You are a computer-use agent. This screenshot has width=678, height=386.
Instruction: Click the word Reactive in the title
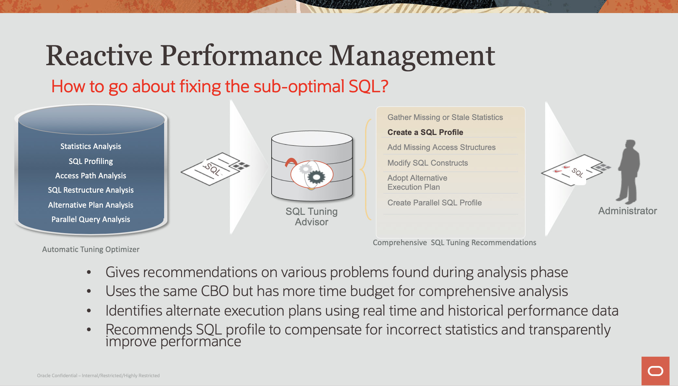point(99,56)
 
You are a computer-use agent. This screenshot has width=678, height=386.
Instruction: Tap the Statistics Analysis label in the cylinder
point(91,146)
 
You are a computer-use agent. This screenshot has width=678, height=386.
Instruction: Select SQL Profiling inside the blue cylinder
point(91,161)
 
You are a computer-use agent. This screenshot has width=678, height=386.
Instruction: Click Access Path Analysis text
point(91,176)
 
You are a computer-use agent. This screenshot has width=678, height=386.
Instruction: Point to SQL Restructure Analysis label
point(91,190)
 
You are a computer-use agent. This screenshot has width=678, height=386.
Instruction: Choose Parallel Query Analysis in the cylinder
point(91,219)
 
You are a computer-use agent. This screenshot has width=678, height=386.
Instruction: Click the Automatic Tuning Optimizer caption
point(91,249)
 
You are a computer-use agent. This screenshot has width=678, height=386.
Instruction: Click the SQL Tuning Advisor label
point(312,216)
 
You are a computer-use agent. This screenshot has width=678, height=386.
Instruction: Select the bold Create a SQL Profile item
point(425,132)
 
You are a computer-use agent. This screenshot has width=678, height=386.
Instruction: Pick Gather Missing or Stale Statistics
point(445,117)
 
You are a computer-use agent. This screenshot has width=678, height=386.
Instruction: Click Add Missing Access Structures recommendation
point(442,147)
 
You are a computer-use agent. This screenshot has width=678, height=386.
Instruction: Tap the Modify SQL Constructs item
point(428,163)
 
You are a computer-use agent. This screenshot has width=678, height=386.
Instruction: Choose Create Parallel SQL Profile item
point(435,203)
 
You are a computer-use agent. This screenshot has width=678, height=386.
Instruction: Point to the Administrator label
point(628,211)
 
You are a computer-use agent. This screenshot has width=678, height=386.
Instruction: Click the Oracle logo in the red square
point(656,371)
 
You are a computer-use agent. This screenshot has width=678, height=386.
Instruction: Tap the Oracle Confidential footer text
point(98,376)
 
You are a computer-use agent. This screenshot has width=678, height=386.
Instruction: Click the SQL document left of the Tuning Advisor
point(215,169)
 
